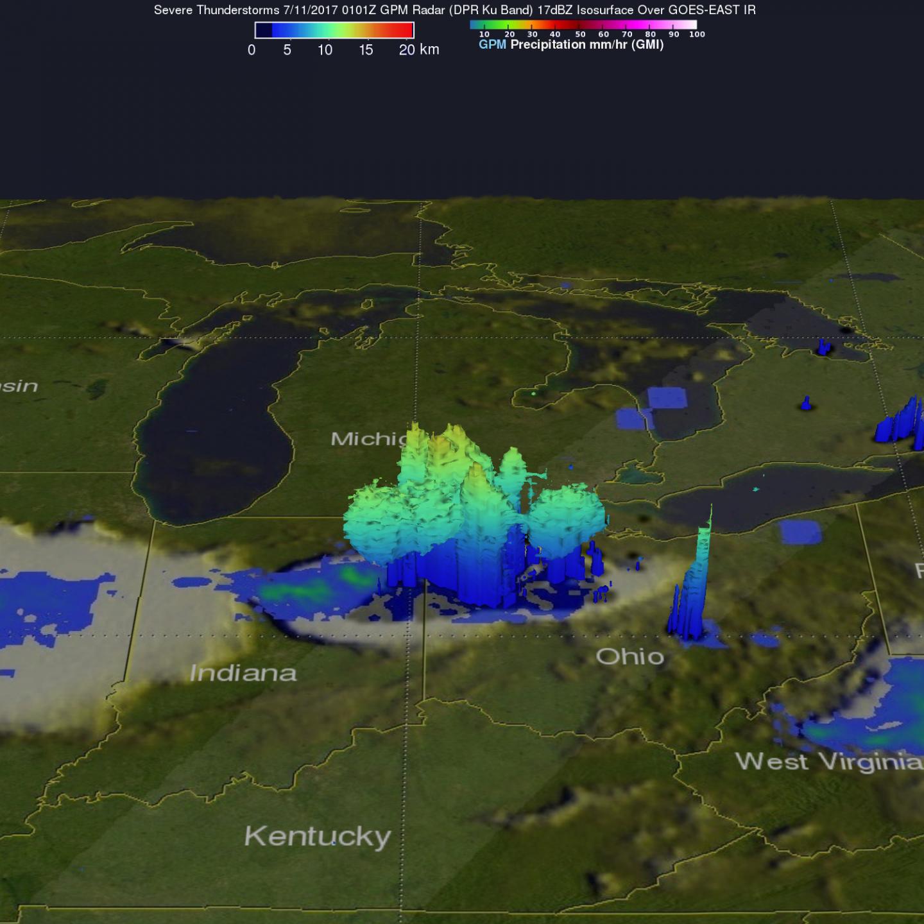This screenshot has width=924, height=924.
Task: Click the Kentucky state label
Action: coord(318,836)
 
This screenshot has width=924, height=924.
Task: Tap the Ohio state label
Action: coord(629,656)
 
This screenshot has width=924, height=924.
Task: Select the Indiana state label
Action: coord(243,672)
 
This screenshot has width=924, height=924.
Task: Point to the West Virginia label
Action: coord(828,762)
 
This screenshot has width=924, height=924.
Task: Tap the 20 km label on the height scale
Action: coord(418,50)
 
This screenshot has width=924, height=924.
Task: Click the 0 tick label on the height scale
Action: coord(252,50)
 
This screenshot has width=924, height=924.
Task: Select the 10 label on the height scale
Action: coord(325,50)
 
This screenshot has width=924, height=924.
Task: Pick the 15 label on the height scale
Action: coord(366,50)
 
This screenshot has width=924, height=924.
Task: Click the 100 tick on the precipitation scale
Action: coord(697,35)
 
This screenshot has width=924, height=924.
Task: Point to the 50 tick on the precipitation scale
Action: coord(580,35)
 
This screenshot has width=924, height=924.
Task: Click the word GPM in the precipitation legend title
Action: coord(492,45)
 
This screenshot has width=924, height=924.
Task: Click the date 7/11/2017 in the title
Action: coord(311,10)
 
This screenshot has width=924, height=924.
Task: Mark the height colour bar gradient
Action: coord(334,30)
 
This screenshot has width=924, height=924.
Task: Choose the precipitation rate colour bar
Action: coord(583,25)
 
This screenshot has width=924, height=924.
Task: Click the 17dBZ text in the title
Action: coord(555,10)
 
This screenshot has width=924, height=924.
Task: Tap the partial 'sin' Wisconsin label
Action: coord(19,386)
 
